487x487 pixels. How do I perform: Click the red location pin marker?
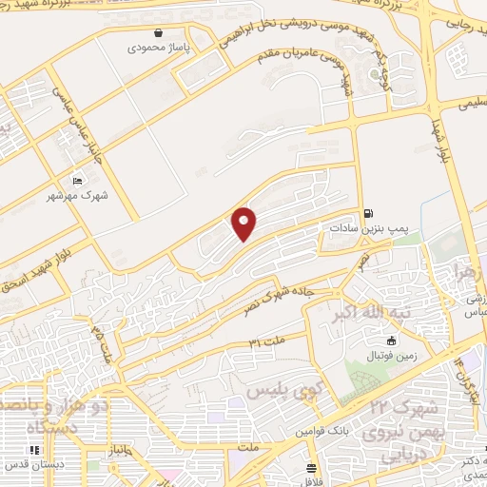245,224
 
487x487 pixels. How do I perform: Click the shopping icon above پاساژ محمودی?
157,32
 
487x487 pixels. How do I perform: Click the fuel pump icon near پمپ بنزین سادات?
368,214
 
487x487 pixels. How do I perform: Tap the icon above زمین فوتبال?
391,341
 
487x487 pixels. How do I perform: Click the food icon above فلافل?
311,467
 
